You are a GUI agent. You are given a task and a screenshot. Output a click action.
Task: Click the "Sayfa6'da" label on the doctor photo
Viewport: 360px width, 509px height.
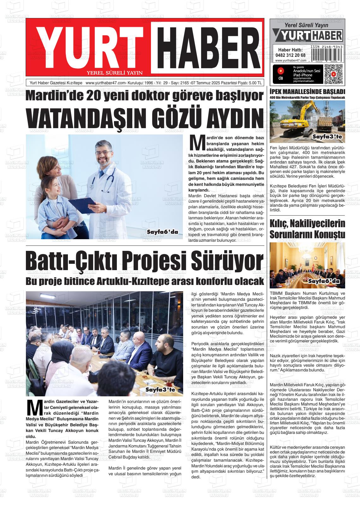coord(162,232)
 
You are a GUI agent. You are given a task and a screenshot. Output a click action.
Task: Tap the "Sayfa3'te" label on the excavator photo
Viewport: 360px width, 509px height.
coord(327,137)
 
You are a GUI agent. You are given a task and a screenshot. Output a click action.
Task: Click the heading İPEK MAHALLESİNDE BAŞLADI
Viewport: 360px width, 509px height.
coord(307,92)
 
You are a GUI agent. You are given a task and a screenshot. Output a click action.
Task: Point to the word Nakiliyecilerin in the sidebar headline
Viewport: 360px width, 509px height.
coord(318,224)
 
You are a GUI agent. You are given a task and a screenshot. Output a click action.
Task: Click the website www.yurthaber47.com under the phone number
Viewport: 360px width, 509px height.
coord(291,61)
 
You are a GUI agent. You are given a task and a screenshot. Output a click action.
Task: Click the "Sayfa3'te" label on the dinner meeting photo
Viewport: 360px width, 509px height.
coord(160,390)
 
